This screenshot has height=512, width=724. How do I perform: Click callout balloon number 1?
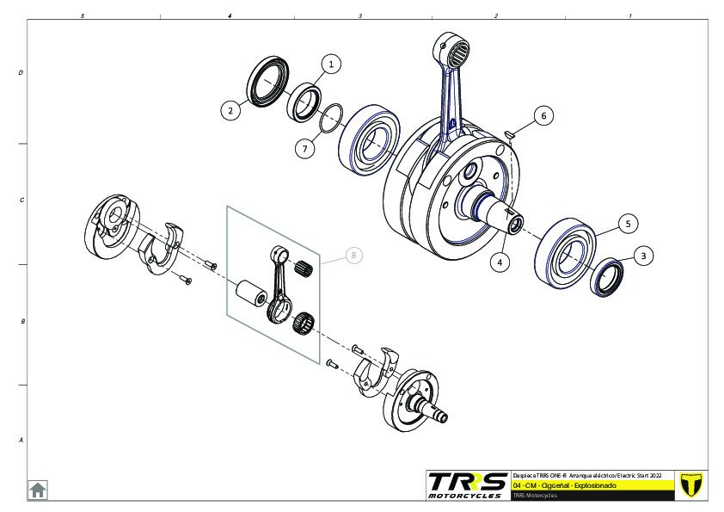(332, 63)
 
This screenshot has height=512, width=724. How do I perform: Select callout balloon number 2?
(230, 110)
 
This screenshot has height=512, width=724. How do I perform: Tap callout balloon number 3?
(646, 256)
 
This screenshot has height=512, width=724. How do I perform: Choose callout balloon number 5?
(628, 224)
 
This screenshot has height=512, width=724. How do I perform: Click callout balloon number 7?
(304, 149)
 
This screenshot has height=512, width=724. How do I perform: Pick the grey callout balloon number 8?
(353, 256)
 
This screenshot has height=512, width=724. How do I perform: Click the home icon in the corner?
(38, 490)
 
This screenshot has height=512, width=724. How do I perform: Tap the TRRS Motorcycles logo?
(467, 484)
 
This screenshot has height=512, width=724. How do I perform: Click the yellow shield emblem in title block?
(690, 484)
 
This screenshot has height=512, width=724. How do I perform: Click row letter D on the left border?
(21, 73)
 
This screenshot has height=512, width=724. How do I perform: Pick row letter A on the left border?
(21, 440)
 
